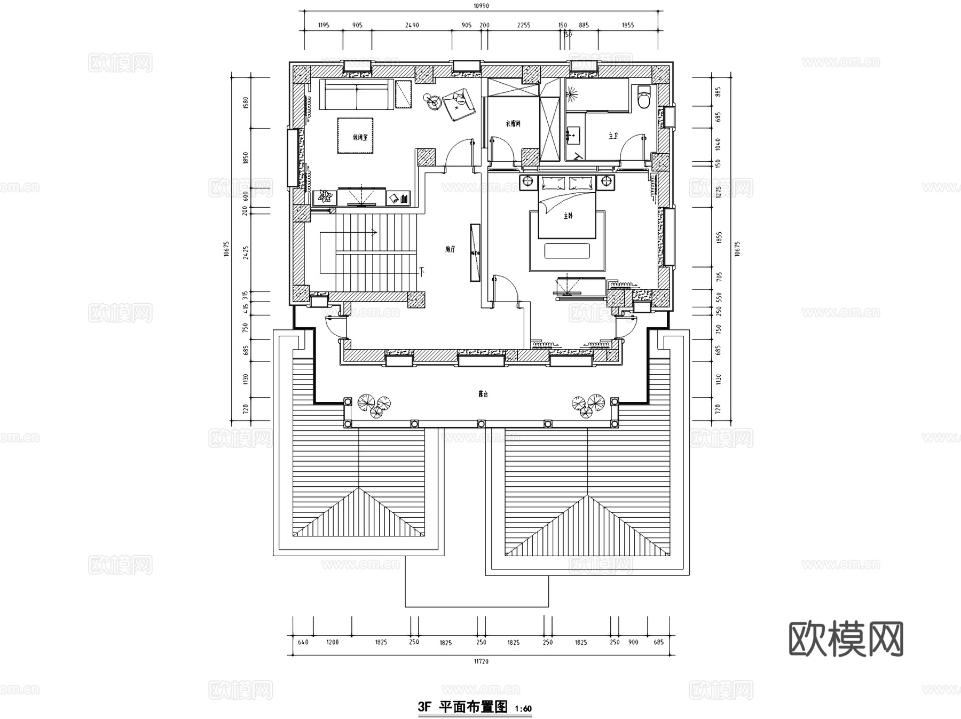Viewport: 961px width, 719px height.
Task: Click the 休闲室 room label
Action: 360,137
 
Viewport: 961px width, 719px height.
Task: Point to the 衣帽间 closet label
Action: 513,124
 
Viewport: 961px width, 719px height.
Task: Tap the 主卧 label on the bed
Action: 568,216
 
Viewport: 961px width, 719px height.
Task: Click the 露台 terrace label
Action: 483,394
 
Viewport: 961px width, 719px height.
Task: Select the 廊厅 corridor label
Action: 450,249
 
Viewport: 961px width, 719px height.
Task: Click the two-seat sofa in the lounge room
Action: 356,94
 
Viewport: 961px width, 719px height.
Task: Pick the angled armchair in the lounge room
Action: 458,105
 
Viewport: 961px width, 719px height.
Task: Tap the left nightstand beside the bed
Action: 528,182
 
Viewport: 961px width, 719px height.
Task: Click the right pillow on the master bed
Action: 580,183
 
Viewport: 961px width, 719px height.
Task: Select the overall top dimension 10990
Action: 481,6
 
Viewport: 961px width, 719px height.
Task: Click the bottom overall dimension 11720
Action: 481,661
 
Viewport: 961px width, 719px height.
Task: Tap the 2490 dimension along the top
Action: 412,25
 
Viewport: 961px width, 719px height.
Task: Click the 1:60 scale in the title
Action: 523,709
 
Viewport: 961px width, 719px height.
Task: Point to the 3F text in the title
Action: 424,707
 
